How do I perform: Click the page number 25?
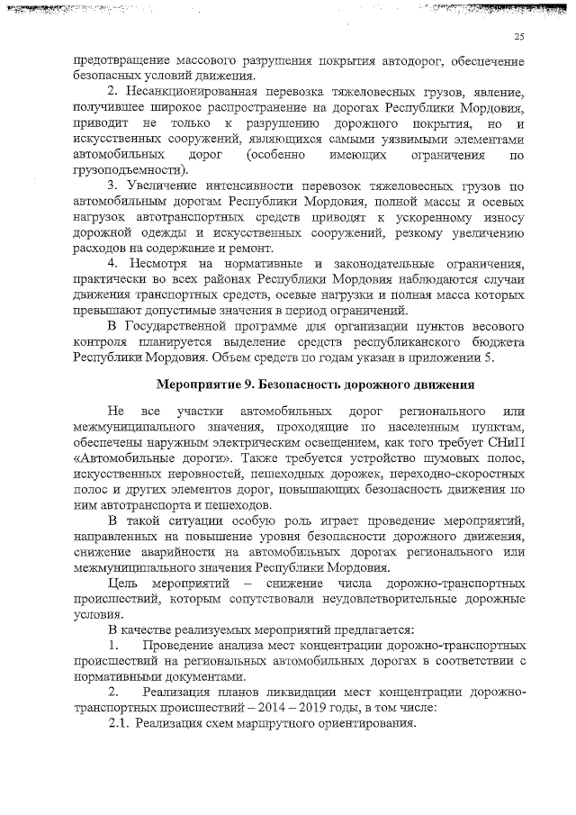coord(519,36)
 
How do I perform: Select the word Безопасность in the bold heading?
coord(301,385)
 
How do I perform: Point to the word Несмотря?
coord(161,263)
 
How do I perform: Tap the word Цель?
coord(122,584)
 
